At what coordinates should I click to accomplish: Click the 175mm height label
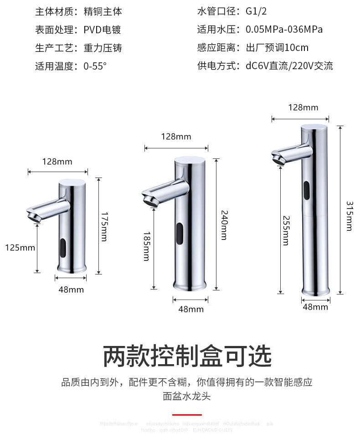104,226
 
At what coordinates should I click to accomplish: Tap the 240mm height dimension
224,224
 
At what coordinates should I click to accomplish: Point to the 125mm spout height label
20,248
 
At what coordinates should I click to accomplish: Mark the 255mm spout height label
286,230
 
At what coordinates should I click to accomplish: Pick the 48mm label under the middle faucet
190,310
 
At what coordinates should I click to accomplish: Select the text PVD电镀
102,30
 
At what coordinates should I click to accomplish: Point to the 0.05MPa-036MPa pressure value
284,30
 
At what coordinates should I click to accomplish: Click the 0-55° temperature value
95,66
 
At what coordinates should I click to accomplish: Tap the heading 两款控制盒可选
187,356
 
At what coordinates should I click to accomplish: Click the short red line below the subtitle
187,415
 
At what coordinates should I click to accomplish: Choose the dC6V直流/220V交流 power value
289,66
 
